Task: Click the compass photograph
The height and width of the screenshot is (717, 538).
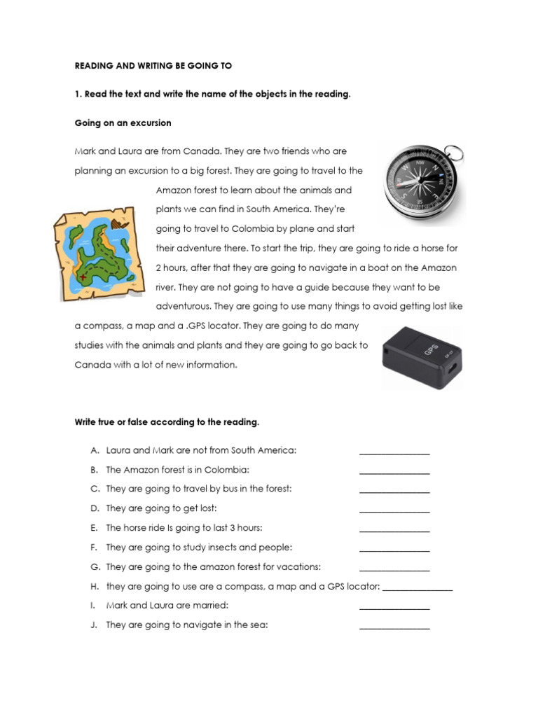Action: tap(423, 183)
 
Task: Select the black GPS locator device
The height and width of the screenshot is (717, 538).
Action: tap(421, 357)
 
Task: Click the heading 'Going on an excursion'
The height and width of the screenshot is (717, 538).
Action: tap(123, 123)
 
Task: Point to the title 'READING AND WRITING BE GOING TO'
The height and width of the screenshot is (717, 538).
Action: tap(153, 66)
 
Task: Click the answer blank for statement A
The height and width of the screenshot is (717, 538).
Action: tap(394, 454)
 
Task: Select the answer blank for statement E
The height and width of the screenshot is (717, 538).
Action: tap(394, 531)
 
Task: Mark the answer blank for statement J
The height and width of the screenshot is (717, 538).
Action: tap(394, 628)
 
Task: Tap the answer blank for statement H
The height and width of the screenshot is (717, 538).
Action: tap(418, 590)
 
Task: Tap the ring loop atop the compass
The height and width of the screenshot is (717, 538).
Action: tap(452, 152)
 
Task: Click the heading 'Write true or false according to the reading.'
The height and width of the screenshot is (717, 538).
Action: tap(167, 422)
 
